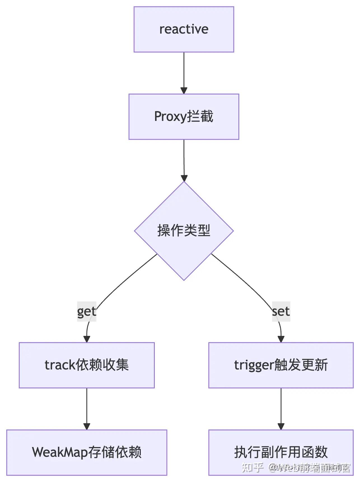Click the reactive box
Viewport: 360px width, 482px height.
coord(184,29)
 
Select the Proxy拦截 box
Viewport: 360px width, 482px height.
coord(184,116)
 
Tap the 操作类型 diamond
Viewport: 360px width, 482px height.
coord(184,231)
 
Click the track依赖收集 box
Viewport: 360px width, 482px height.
coord(87,365)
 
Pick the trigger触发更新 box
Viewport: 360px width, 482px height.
coord(281,365)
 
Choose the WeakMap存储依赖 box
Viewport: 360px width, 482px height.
coord(87,452)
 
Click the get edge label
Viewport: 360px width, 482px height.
coord(87,311)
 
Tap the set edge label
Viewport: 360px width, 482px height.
coord(281,311)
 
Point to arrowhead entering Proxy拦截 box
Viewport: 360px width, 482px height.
coord(184,91)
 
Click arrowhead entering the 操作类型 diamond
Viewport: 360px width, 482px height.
coord(184,178)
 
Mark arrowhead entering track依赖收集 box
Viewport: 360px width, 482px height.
coord(87,339)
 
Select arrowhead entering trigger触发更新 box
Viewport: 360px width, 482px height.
coord(281,339)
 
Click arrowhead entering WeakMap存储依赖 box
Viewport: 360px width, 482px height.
coord(87,426)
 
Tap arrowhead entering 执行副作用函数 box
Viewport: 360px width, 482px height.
coord(281,426)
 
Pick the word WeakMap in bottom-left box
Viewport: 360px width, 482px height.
coord(60,452)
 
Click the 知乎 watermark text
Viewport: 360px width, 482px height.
coord(252,467)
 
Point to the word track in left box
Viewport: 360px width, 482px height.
coord(60,365)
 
